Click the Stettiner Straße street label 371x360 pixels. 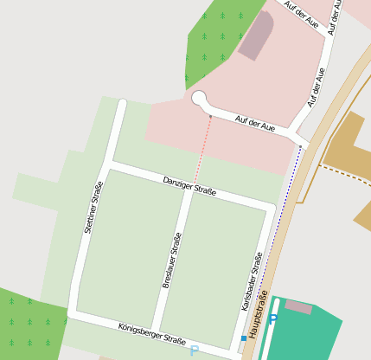[x=94, y=208]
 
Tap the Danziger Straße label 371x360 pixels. [x=189, y=185]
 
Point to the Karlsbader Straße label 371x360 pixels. [x=252, y=281]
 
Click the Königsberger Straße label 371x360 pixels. [x=152, y=332]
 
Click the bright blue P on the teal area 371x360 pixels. [x=274, y=319]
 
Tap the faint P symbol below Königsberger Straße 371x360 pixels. [x=194, y=350]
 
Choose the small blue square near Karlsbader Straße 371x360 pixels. [x=243, y=338]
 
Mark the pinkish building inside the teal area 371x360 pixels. [x=298, y=306]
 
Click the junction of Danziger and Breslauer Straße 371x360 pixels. [x=187, y=192]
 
